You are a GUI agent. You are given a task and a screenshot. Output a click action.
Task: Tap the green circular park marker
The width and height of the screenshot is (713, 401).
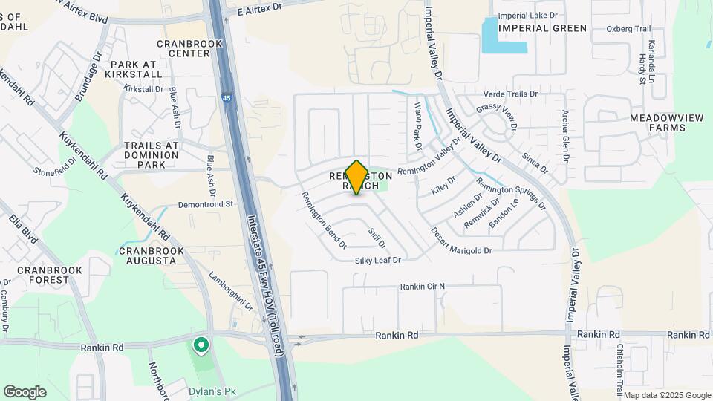[200, 345]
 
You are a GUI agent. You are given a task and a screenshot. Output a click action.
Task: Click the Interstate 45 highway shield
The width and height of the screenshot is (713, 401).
[227, 97]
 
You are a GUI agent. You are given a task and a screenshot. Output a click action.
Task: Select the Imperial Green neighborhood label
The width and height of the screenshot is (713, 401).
[543, 28]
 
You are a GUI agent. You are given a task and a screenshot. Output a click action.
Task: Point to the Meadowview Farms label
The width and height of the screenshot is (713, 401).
[657, 123]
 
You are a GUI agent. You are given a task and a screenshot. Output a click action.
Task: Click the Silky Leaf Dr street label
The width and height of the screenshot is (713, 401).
[377, 260]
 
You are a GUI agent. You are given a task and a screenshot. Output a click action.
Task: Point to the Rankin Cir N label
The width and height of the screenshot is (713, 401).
[422, 286]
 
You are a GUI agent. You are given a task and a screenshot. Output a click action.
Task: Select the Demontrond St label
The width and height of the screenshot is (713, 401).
[206, 203]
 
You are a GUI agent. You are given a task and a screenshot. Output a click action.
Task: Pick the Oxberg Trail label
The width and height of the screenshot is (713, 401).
[628, 29]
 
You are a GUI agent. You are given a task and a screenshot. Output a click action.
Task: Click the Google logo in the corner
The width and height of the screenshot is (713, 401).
[25, 391]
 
